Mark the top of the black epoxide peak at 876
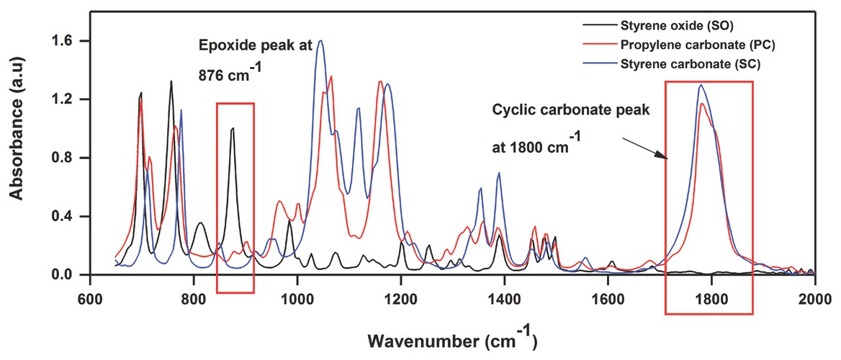click(233, 128)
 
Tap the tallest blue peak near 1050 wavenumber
click(321, 40)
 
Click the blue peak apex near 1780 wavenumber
click(701, 85)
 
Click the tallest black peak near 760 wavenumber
click(171, 81)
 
